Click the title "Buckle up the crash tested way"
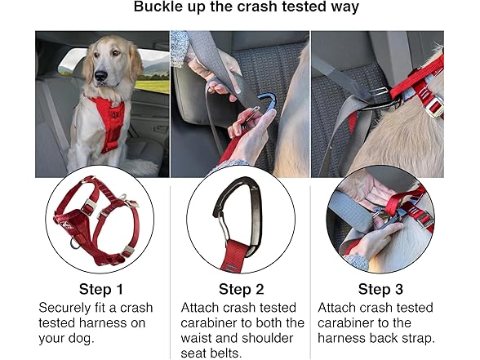[239, 9]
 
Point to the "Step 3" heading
[380, 289]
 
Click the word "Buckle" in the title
[159, 9]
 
